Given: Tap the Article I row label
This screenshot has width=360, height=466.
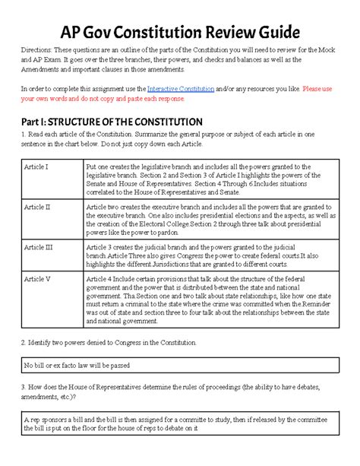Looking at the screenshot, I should click(36, 165).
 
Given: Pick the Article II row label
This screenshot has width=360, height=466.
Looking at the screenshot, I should click(37, 206).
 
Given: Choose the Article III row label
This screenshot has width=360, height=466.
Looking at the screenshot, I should click(38, 247).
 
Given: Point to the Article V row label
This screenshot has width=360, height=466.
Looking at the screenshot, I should click(37, 279).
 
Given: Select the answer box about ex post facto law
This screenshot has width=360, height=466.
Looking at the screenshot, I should click(180, 366).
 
